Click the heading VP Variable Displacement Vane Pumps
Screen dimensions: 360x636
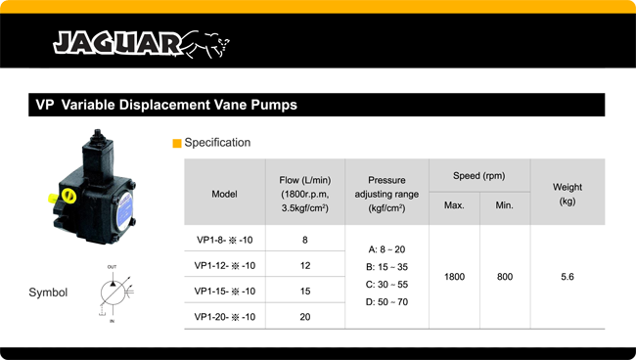pyautogui.click(x=166, y=105)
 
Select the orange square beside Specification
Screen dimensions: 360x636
pyautogui.click(x=177, y=143)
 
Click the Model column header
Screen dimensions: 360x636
pyautogui.click(x=224, y=194)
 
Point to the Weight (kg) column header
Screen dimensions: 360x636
pyautogui.click(x=567, y=194)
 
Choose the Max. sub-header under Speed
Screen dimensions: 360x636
pyautogui.click(x=454, y=205)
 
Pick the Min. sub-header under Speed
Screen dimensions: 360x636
pyautogui.click(x=505, y=205)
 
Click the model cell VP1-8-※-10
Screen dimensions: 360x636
pyautogui.click(x=224, y=240)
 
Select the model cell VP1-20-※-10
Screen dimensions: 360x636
pyautogui.click(x=224, y=317)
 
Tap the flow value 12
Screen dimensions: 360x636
pyautogui.click(x=304, y=265)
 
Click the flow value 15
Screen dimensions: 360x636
pyautogui.click(x=304, y=291)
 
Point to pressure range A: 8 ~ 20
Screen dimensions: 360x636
pyautogui.click(x=386, y=249)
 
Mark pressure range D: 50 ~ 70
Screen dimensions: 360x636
pyautogui.click(x=386, y=301)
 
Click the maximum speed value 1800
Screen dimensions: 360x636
pyautogui.click(x=454, y=278)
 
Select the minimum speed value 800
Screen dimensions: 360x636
pyautogui.click(x=505, y=278)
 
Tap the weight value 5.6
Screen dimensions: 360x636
pyautogui.click(x=567, y=278)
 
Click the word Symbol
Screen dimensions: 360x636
pyautogui.click(x=48, y=292)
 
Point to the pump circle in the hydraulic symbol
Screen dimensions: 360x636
pyautogui.click(x=111, y=291)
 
